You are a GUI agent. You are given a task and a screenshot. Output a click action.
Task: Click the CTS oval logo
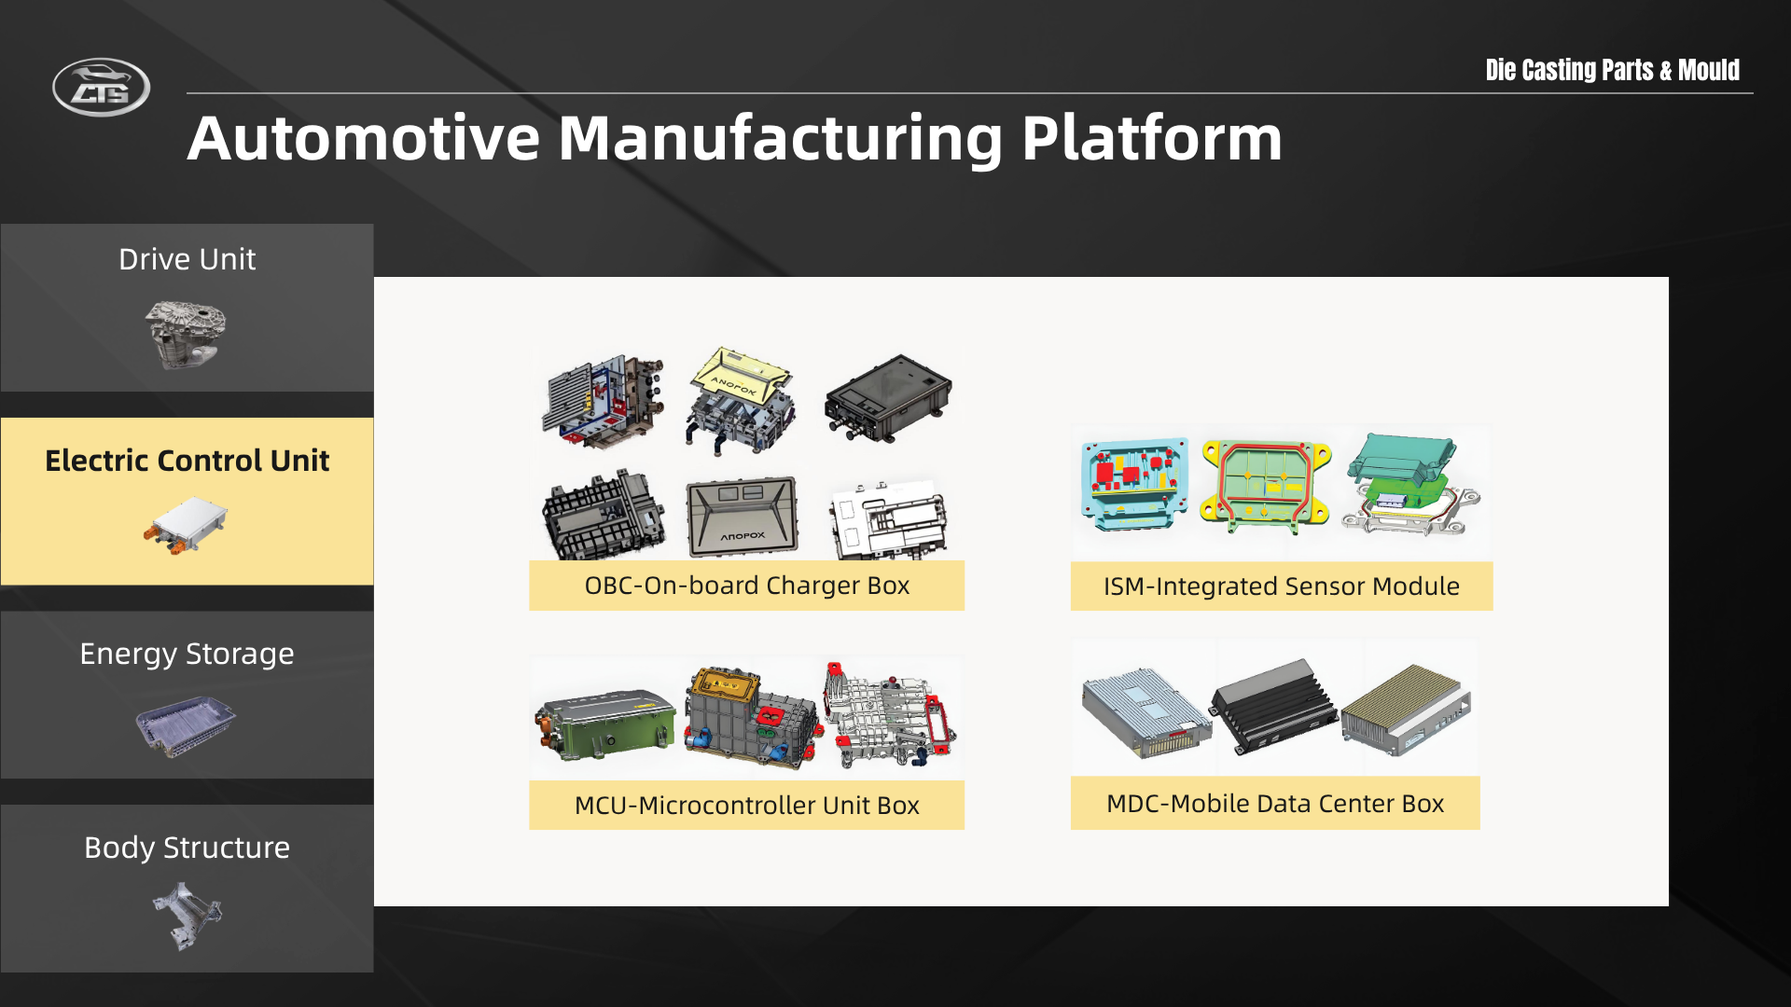[101, 88]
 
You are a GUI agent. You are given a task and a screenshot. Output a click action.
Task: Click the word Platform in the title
[1152, 139]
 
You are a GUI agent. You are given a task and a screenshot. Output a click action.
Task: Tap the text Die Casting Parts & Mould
[1612, 70]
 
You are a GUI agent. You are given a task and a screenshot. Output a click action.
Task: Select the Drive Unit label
[187, 259]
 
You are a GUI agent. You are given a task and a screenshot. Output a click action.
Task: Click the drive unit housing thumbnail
[187, 334]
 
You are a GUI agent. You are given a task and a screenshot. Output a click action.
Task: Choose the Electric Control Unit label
[187, 461]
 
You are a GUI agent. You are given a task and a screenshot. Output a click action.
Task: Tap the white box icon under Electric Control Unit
[186, 525]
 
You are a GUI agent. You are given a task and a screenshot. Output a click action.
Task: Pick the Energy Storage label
[187, 654]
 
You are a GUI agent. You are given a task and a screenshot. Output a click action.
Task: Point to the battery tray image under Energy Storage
[186, 725]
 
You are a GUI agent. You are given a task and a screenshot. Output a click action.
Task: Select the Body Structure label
[187, 848]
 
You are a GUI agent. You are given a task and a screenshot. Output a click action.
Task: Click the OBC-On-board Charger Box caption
[746, 586]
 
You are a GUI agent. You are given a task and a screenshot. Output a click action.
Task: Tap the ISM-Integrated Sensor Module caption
[1282, 586]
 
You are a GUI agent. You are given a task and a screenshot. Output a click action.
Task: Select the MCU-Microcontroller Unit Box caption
[746, 806]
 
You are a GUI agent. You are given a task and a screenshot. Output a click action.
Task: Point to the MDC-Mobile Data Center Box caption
[1275, 804]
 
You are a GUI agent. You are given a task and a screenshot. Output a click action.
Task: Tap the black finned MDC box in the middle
[1274, 706]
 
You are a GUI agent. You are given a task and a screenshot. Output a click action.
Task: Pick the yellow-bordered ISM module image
[1266, 485]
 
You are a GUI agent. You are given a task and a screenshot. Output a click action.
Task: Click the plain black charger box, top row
[888, 397]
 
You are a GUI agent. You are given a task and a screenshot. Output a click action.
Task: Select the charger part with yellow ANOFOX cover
[742, 400]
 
